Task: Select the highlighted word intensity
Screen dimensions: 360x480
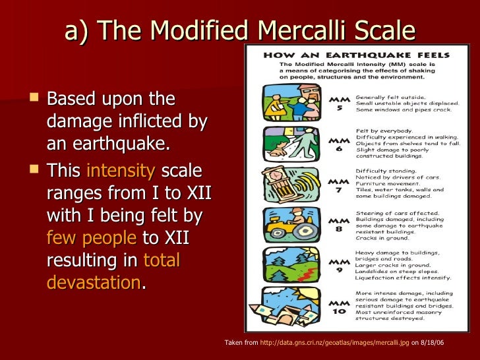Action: [x=121, y=170]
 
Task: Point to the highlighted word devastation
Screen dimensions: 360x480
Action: [x=94, y=282]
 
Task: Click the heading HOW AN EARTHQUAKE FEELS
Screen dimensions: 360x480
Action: [x=357, y=55]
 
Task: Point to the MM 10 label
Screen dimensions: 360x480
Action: [x=338, y=306]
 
